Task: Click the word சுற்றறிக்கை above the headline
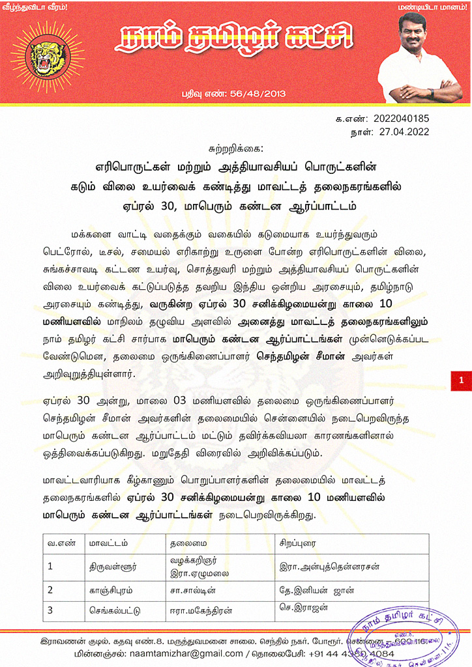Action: (x=235, y=149)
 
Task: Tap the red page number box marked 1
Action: (x=461, y=380)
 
